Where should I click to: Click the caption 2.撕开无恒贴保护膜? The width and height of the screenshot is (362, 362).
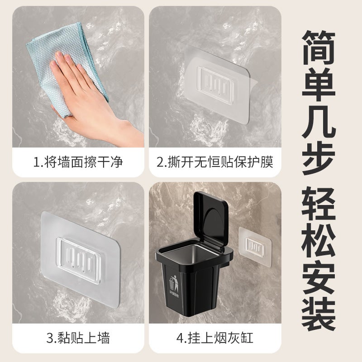click(215, 162)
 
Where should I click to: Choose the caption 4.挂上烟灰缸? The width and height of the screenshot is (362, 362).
click(215, 338)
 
